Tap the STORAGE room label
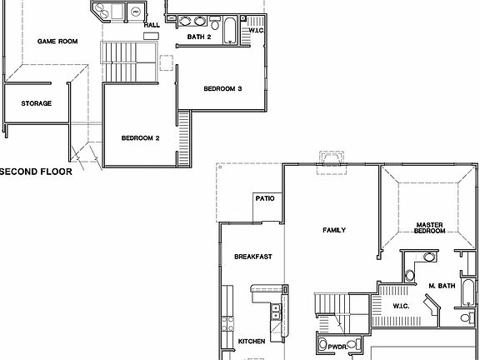pos(36,103)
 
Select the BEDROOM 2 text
pos(140,137)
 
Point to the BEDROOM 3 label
pos(222,89)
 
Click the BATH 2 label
pos(199,37)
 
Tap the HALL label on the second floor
pos(152,25)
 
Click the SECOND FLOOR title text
pos(36,172)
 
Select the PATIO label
pos(265,198)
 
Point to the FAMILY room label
pos(333,230)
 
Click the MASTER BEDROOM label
pos(429,227)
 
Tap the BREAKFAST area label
pos(252,257)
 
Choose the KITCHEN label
pos(252,342)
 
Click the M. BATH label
pos(442,286)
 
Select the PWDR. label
pos(337,345)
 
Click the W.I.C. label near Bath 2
pos(256,31)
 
